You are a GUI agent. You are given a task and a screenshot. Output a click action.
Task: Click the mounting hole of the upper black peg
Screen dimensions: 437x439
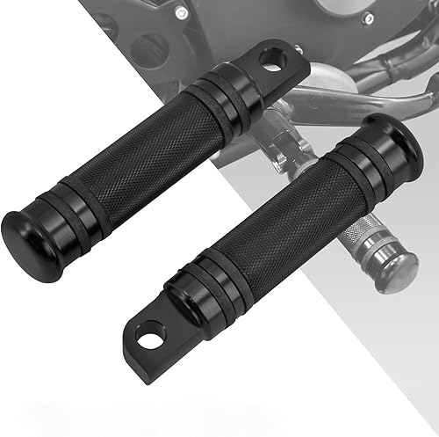pos(271,62)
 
